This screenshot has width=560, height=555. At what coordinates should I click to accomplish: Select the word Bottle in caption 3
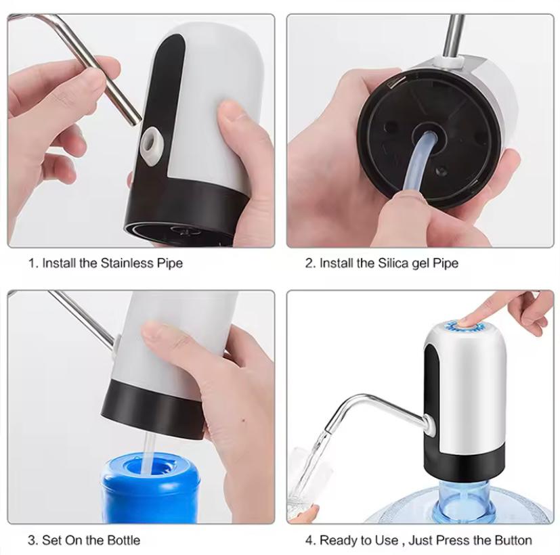tap(121, 540)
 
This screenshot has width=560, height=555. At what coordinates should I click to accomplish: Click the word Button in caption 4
tap(511, 540)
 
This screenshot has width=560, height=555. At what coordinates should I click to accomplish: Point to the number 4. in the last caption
tap(310, 540)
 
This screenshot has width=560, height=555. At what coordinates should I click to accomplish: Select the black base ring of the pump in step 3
tap(152, 406)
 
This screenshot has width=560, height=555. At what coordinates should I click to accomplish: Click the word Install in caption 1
tap(59, 263)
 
